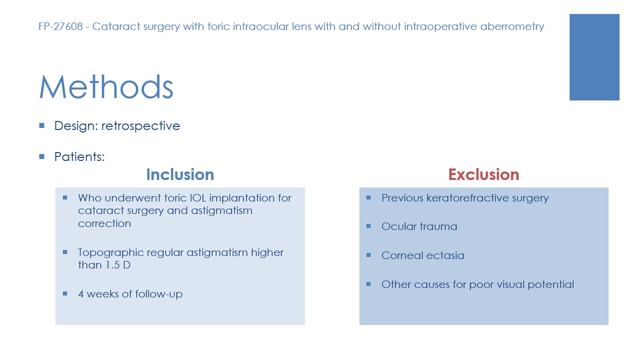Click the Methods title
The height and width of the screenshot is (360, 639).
click(x=106, y=87)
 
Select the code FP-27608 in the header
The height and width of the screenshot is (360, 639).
click(x=60, y=26)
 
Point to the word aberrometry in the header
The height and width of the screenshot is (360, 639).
click(x=512, y=27)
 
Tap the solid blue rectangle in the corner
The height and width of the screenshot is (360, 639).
click(x=594, y=57)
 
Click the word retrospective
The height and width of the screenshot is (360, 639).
click(x=141, y=126)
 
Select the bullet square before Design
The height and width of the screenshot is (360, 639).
click(x=41, y=125)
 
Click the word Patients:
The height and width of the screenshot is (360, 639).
click(x=79, y=156)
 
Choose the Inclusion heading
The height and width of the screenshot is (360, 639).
click(x=180, y=174)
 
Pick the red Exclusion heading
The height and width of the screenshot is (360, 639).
click(x=484, y=174)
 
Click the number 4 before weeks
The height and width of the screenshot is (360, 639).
click(x=81, y=294)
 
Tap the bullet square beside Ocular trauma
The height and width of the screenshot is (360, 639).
click(x=368, y=226)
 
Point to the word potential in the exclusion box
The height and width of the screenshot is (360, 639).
click(x=551, y=284)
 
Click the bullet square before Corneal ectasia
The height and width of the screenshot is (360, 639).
click(x=368, y=255)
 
